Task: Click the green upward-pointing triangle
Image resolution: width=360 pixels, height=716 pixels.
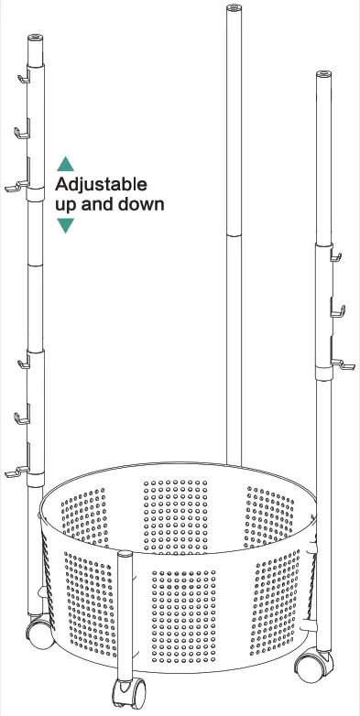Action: pyautogui.click(x=65, y=165)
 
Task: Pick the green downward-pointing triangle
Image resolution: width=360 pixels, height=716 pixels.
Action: pyautogui.click(x=65, y=225)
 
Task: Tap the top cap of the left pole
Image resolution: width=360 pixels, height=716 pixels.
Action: pyautogui.click(x=35, y=40)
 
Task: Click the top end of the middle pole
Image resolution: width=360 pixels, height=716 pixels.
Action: pyautogui.click(x=231, y=8)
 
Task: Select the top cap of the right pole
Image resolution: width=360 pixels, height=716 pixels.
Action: pyautogui.click(x=323, y=73)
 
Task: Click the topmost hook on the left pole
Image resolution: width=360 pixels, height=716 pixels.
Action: pyautogui.click(x=22, y=80)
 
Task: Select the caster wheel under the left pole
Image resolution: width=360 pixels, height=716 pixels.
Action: pyautogui.click(x=38, y=631)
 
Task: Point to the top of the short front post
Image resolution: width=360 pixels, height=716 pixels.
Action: pyautogui.click(x=126, y=553)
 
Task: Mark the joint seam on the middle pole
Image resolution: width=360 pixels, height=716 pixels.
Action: pyautogui.click(x=233, y=233)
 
